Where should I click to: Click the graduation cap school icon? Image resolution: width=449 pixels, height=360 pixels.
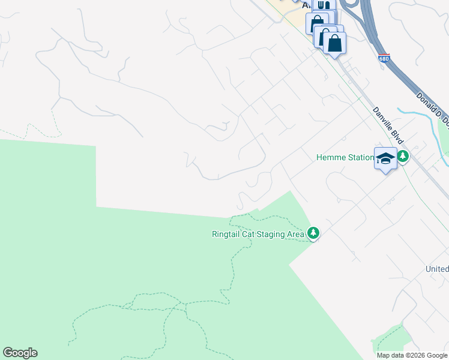385,158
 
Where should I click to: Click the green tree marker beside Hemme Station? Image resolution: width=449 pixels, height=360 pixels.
403,157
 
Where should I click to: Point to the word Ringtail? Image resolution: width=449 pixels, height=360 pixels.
226,234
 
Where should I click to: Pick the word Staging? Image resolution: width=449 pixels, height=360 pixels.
271,234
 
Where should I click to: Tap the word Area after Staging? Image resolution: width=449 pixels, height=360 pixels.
295,234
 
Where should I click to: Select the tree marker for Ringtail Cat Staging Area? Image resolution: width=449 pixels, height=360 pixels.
313,233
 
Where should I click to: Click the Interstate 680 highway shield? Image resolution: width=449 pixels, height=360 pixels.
383,58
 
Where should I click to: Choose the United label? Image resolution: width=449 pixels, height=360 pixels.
437,269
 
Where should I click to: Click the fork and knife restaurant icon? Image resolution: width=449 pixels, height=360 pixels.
324,5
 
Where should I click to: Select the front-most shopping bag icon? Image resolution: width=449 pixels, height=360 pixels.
335,43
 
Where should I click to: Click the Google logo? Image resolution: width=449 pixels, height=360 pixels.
20,353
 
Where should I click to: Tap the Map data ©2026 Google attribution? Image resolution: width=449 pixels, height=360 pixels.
412,355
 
